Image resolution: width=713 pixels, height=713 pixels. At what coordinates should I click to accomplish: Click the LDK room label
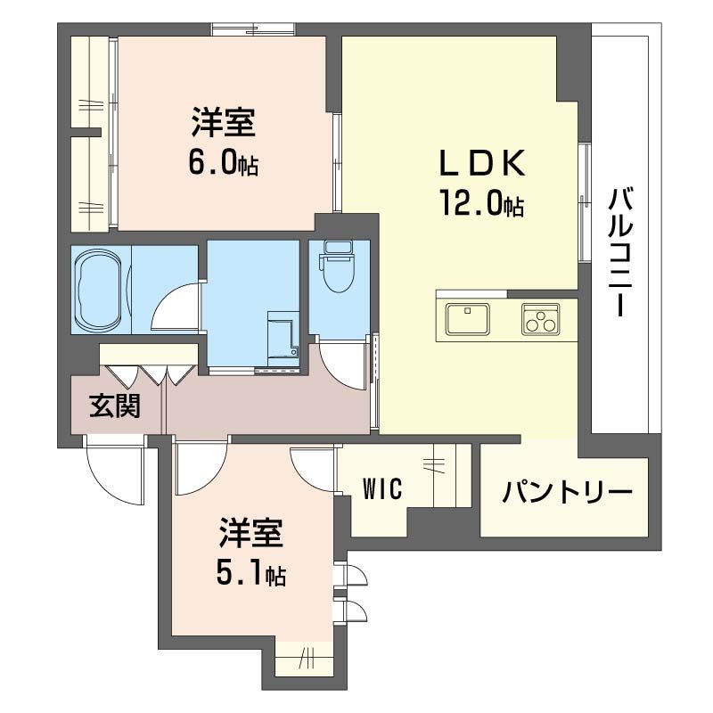tap(480, 165)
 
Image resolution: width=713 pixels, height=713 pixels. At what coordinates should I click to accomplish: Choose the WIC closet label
tap(382, 488)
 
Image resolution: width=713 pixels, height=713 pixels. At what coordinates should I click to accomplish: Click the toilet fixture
tap(337, 267)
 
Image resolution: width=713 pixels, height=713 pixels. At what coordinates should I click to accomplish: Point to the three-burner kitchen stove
tap(540, 316)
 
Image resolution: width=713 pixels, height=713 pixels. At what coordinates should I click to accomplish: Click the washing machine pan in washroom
tap(284, 339)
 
